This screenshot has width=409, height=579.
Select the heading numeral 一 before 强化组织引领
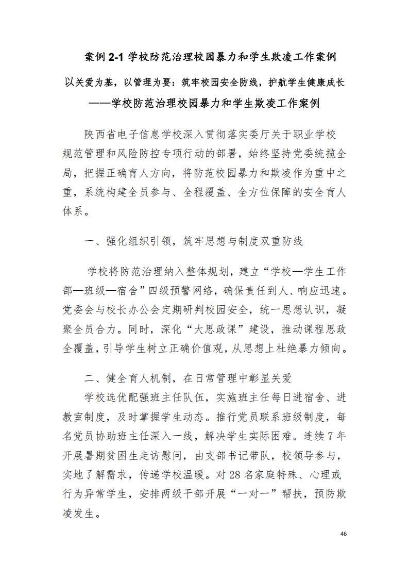[x=90, y=241]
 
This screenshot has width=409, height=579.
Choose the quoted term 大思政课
[x=217, y=329]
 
